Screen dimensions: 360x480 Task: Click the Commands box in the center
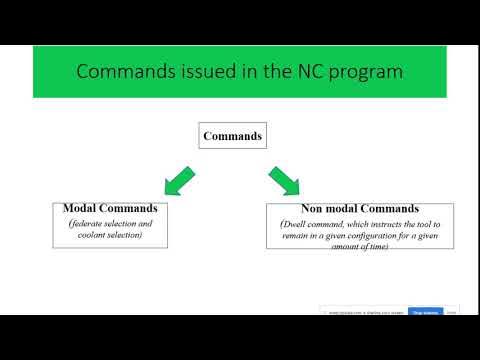[233, 135]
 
